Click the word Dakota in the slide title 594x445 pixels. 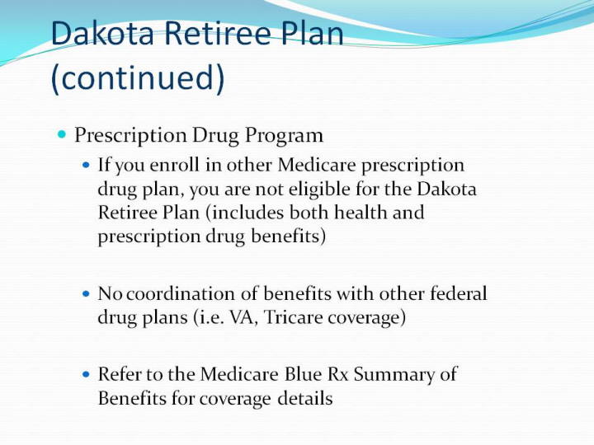click(x=102, y=33)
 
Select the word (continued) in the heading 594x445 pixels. click(x=138, y=77)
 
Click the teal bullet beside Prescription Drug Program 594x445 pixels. click(x=62, y=134)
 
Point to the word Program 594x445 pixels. click(x=284, y=136)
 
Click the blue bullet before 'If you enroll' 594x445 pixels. click(x=87, y=165)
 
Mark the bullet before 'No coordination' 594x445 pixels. click(x=87, y=293)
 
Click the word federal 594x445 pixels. click(x=459, y=293)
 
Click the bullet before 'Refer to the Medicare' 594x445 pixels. click(x=87, y=375)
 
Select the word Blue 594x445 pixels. click(x=303, y=374)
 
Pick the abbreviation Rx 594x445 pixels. click(x=338, y=374)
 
